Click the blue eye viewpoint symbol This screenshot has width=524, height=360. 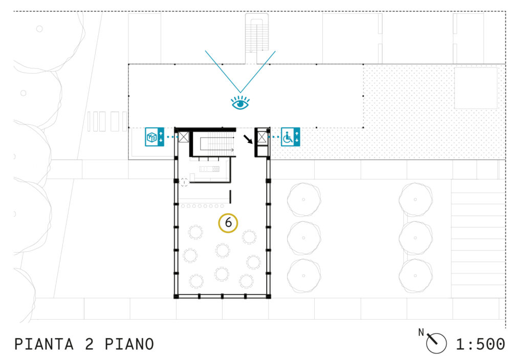241,103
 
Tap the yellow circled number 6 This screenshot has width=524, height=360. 228,223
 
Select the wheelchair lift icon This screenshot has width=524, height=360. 290,137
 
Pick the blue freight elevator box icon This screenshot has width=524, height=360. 155,137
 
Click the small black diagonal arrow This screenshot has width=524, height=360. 248,139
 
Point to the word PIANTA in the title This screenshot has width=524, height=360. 44,344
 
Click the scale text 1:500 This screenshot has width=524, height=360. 481,344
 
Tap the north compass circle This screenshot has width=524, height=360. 436,343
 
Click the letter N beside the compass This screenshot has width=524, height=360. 421,332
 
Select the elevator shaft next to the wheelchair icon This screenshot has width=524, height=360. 262,137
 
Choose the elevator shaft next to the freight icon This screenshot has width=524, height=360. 184,137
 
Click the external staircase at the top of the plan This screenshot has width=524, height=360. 257,37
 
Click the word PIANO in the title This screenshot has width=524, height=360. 129,344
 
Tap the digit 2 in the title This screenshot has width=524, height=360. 89,344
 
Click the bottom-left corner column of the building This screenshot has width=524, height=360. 176,296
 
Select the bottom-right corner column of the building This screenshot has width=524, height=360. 268,296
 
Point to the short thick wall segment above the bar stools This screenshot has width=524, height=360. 230,197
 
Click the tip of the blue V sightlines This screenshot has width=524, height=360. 240,93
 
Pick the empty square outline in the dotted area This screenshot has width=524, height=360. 476,88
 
